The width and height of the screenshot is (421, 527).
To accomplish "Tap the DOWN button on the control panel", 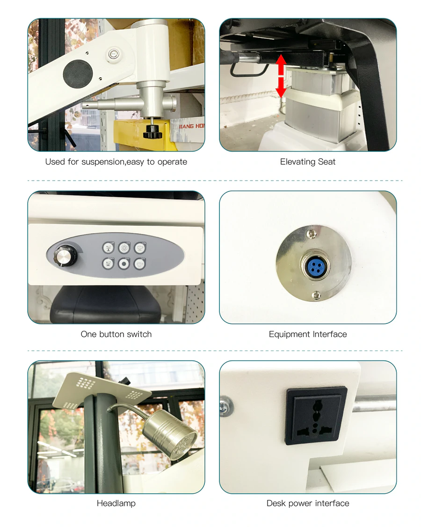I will pos(109,264).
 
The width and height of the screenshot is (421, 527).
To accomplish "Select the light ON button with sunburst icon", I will pos(124,248).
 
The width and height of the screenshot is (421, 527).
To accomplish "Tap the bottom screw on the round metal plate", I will pos(317,295).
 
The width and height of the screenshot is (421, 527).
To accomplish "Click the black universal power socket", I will pos(316,416).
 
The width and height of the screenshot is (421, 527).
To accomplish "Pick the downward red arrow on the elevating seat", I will pos(281,88).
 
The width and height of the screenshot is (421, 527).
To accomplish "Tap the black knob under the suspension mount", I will pos(152,132).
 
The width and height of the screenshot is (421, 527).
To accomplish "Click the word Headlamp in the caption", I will pos(116,504).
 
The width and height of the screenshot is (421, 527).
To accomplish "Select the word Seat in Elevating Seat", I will pos(327,162).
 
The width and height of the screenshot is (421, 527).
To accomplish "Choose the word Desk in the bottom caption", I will pos(276,504).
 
